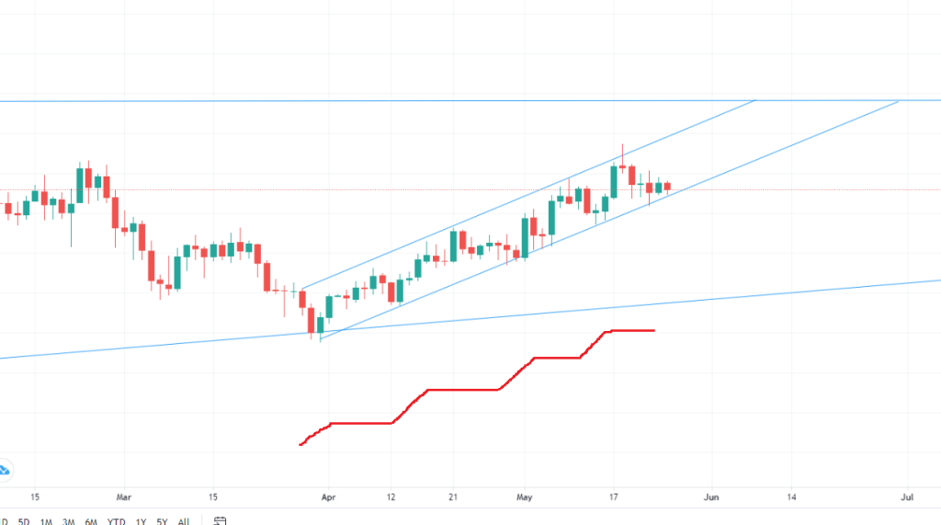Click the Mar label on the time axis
pos(125,496)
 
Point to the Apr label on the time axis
pos(328,496)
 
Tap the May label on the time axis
pos(523,496)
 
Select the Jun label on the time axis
pos(709,496)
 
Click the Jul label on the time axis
pos(908,496)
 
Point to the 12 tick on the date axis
pos(391,496)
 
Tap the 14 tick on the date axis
pos(791,496)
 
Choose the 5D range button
pos(25,521)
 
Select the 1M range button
pos(47,521)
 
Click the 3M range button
pos(69,521)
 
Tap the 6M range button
pos(91,521)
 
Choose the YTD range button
pos(116,521)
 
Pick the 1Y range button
pos(141,521)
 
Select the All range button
pos(184,521)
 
